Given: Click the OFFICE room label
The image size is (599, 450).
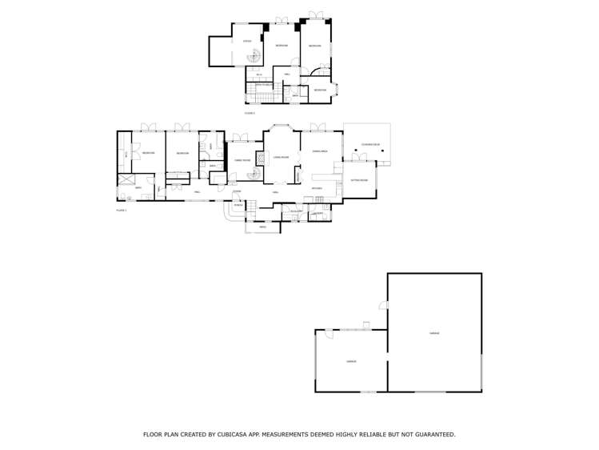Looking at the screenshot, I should tap(246, 41).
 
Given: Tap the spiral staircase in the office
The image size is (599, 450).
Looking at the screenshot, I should tap(254, 56).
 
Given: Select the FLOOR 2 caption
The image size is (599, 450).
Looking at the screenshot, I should tap(250, 114).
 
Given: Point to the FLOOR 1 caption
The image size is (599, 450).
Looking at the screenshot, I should tap(122, 209).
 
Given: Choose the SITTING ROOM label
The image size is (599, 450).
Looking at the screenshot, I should tap(359, 180).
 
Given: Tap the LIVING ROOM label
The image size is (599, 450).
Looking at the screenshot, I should tap(281, 157).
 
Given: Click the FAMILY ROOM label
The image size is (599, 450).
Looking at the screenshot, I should tap(242, 161).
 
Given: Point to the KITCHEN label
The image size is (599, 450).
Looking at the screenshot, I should tap(317, 188).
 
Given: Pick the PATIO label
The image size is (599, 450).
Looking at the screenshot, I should tap(262, 227).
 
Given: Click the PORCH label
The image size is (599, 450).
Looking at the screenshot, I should tap(238, 204).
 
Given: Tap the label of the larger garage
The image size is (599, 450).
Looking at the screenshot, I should tap(434, 332).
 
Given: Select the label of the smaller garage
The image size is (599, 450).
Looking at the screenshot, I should tap(350, 361).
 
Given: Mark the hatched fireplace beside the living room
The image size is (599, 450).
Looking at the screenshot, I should tap(259, 159).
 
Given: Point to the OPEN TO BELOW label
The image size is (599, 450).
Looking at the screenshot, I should tap(262, 84).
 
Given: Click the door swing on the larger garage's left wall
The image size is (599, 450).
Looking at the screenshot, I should tap(384, 305).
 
